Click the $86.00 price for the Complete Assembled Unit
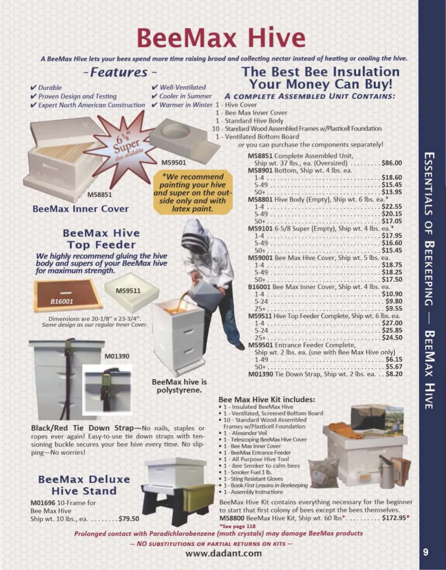[x=392, y=163]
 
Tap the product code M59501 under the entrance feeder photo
[x=173, y=163]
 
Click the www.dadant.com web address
[x=224, y=553]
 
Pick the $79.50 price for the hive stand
[x=128, y=519]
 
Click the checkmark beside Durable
[x=34, y=87]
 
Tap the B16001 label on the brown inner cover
[x=62, y=302]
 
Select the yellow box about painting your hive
[x=193, y=192]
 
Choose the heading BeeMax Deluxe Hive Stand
[x=84, y=485]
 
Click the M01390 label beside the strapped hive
[x=117, y=356]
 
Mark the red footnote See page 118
[x=237, y=526]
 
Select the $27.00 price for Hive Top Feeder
[x=392, y=323]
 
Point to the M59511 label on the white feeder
[x=128, y=291]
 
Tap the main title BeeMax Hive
[x=221, y=37]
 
